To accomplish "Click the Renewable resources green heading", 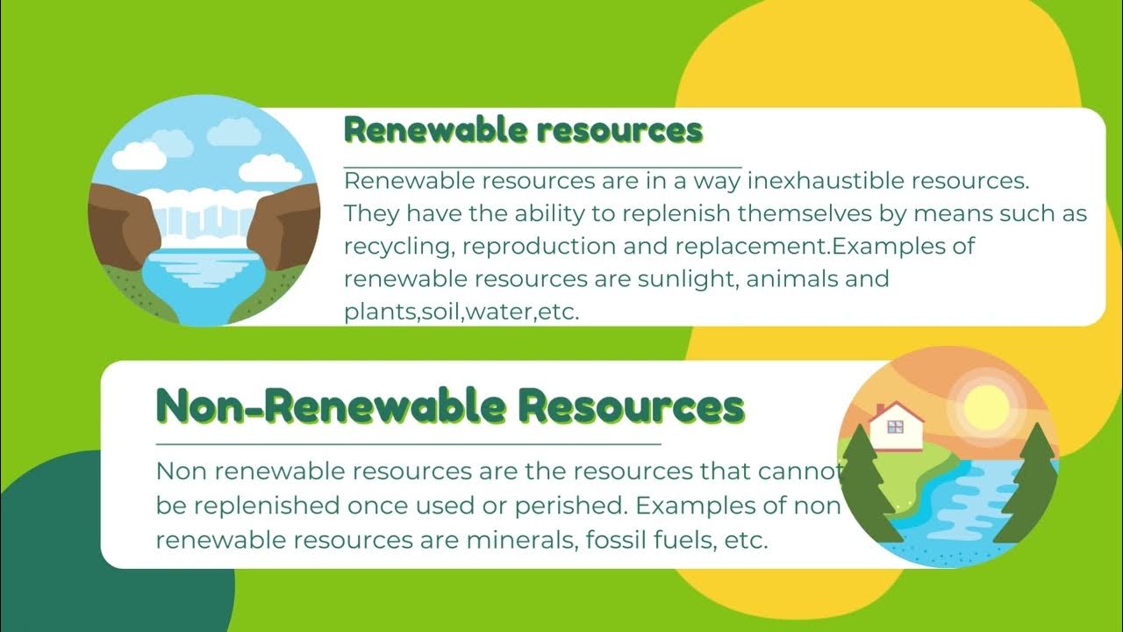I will (524, 131).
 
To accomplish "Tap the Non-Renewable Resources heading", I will (450, 407).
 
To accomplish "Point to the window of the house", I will (896, 427).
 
